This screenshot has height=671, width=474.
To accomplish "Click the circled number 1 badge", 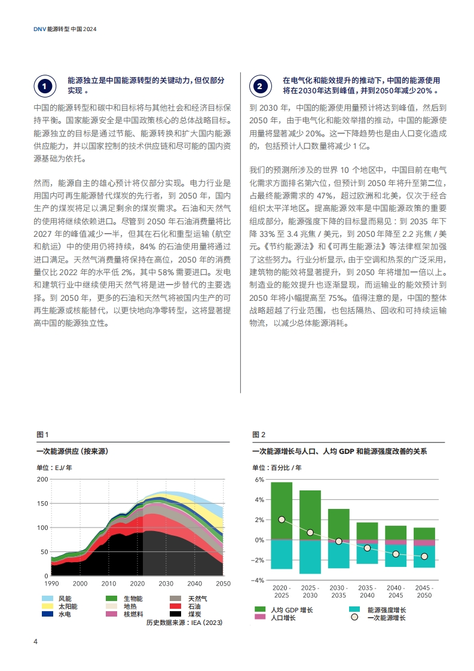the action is (45, 86).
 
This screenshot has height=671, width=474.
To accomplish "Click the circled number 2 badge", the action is (260, 86).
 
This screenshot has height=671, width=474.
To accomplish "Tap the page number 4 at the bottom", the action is (35, 641).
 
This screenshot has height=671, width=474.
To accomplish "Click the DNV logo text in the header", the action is (40, 29).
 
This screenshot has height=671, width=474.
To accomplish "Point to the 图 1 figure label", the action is (42, 434).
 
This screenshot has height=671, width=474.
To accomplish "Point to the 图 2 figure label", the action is (259, 434).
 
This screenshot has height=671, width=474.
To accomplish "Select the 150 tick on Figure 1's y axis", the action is (42, 504).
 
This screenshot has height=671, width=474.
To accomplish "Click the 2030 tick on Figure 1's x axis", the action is (166, 583).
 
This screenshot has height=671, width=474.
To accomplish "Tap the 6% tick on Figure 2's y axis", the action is (259, 480).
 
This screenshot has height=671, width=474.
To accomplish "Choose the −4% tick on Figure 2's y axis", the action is (258, 580).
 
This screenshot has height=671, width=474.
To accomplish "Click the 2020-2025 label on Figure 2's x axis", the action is (282, 591).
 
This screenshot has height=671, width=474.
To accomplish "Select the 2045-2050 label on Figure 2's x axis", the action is (424, 591).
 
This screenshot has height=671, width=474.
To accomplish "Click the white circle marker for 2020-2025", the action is (282, 520).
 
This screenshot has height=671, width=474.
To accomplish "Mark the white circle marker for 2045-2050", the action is (424, 556).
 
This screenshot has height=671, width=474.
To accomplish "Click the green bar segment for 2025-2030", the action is (310, 516).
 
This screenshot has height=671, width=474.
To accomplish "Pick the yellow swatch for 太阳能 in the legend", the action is (47, 606).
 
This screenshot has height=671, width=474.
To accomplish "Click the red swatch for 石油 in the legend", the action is (175, 606).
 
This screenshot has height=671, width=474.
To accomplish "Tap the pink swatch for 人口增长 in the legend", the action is (260, 617).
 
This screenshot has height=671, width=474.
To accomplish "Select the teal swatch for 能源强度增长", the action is (354, 609).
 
